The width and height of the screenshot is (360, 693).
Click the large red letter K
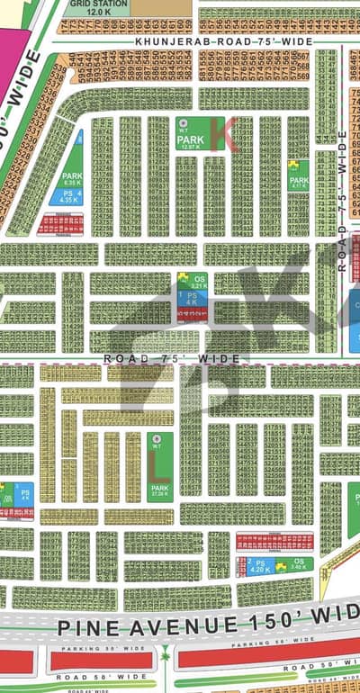point(221,133)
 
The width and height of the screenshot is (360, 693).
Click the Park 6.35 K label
point(72,176)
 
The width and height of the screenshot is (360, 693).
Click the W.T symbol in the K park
point(184,123)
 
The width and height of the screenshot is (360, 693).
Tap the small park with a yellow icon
point(297,173)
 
